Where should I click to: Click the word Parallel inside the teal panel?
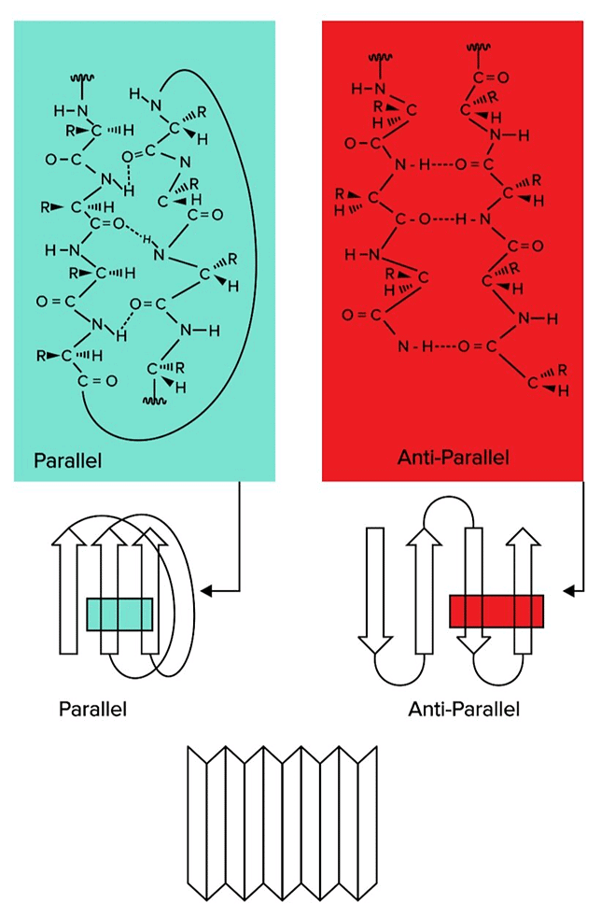pyautogui.click(x=67, y=460)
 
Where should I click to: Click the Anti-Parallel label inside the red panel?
pyautogui.click(x=452, y=458)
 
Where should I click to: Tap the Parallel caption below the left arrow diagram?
pyautogui.click(x=92, y=709)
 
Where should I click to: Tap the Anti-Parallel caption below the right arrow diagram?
pyautogui.click(x=464, y=709)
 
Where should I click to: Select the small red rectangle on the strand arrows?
pyautogui.click(x=496, y=612)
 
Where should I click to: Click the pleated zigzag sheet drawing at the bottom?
pyautogui.click(x=282, y=821)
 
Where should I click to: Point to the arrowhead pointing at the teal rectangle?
pyautogui.click(x=208, y=590)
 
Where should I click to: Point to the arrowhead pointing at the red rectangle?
pyautogui.click(x=568, y=590)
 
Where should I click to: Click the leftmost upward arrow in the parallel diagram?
pyautogui.click(x=67, y=588)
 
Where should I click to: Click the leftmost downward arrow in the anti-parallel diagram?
pyautogui.click(x=375, y=588)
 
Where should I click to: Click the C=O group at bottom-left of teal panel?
pyautogui.click(x=97, y=380)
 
